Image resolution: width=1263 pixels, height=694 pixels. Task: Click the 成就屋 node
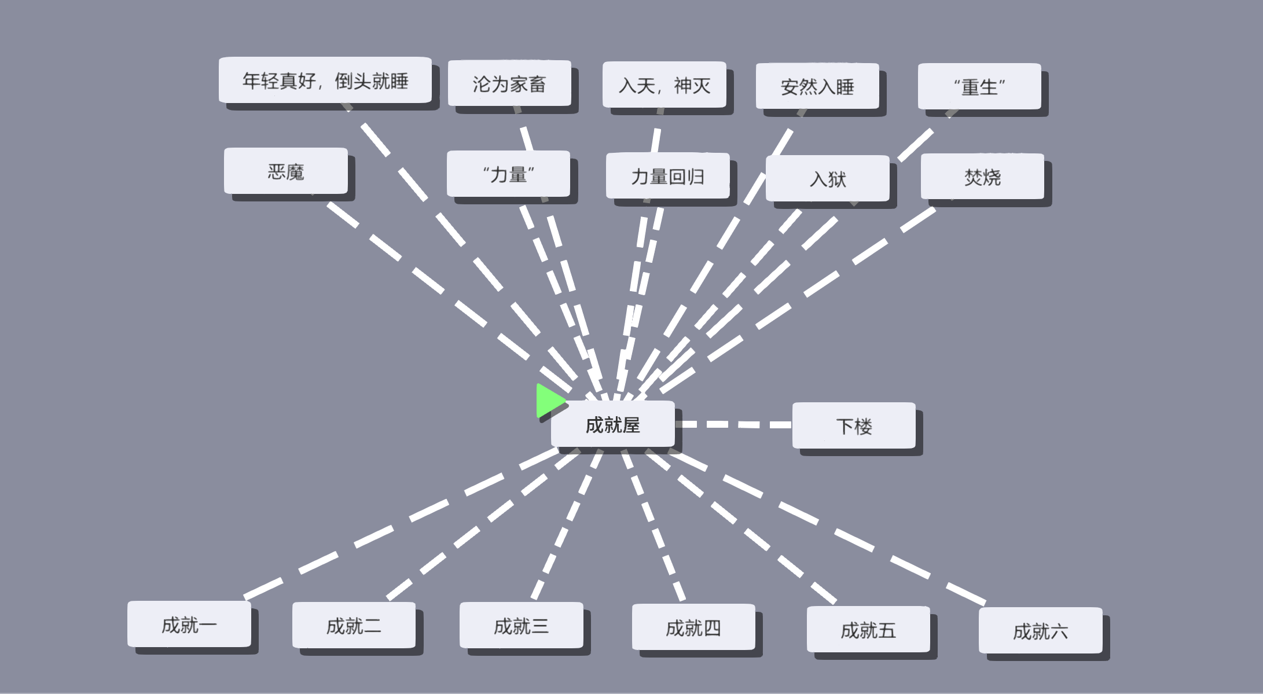coord(613,424)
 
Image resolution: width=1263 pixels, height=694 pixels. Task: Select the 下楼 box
coord(854,425)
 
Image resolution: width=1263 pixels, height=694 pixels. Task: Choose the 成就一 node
coord(189,624)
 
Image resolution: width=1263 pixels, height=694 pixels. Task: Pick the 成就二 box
coord(354,625)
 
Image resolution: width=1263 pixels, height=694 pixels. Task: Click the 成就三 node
coord(521,625)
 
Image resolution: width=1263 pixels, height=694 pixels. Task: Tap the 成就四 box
coord(693,627)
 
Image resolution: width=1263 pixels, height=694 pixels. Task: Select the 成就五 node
coord(868,629)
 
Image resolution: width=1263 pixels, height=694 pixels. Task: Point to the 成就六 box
coord(1041,630)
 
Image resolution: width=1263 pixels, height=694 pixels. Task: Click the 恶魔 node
coord(286,171)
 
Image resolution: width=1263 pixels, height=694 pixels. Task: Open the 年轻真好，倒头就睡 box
coord(325,80)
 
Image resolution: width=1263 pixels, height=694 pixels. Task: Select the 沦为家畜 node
coord(509,83)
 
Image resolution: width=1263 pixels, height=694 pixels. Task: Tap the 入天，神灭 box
coord(664,85)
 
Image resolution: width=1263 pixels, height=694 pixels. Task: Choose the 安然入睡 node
coord(817,86)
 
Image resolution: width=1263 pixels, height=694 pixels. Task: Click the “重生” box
coord(979,86)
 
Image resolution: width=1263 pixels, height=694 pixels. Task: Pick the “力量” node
coord(508,174)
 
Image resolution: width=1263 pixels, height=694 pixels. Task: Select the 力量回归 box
coord(668,175)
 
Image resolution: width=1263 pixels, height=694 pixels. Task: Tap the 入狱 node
coord(828,178)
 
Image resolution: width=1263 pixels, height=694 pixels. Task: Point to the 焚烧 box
coord(982,177)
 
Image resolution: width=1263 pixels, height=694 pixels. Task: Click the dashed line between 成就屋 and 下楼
coord(733,424)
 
